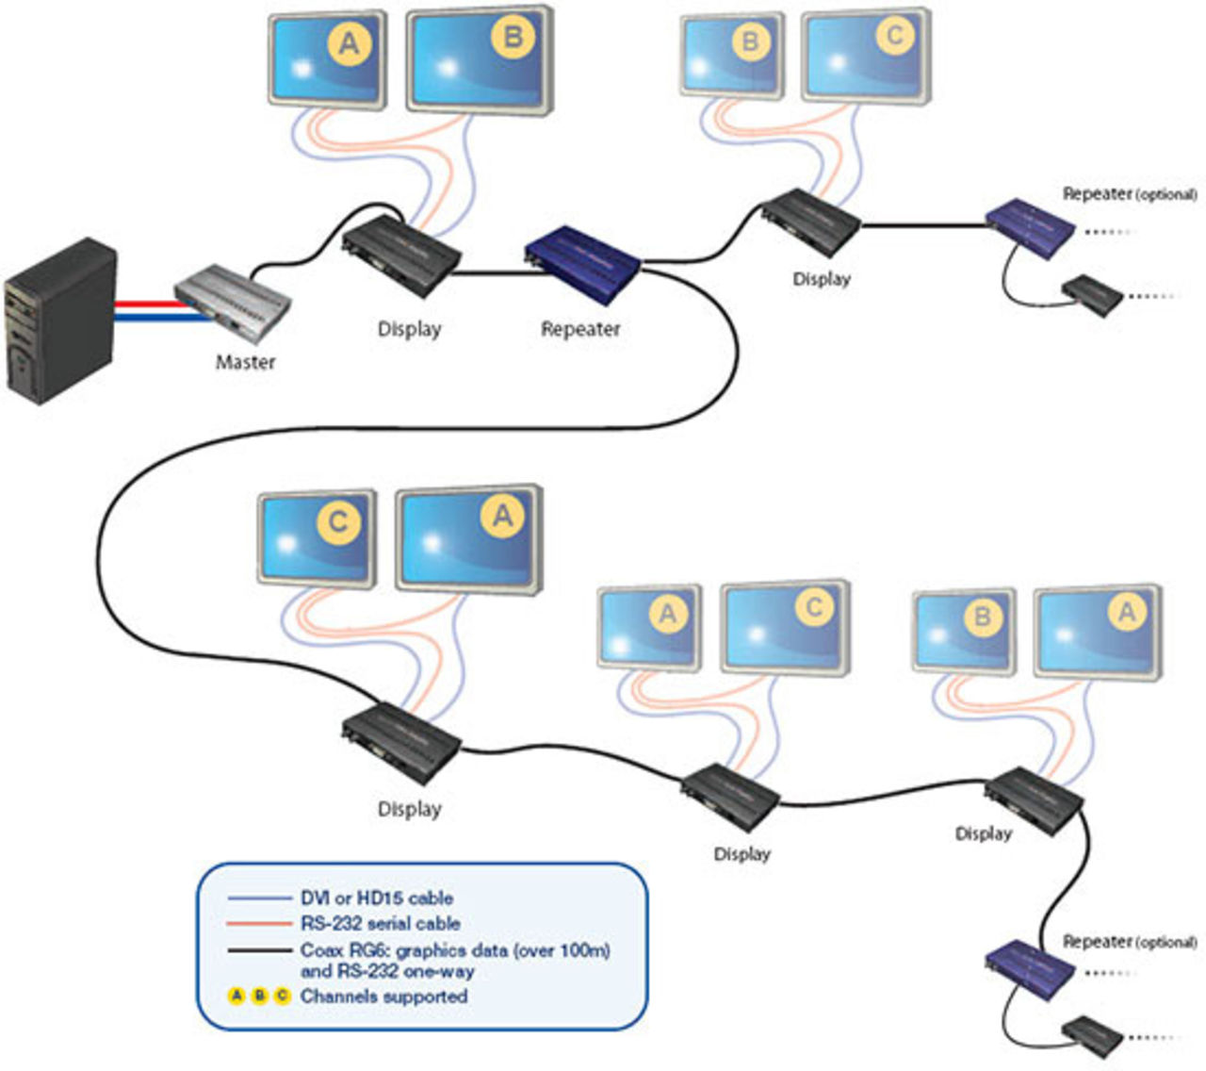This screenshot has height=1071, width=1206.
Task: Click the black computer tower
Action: click(x=61, y=321)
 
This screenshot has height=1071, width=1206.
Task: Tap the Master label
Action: click(x=245, y=362)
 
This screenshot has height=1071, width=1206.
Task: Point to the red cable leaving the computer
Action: click(x=146, y=304)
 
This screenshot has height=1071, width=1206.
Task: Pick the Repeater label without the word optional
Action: click(x=580, y=329)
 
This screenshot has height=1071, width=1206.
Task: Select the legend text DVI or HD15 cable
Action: click(x=377, y=898)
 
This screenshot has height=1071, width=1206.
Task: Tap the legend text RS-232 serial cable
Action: click(x=381, y=924)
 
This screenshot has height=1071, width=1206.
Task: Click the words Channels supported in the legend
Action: click(x=383, y=997)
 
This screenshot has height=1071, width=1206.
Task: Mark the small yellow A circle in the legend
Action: click(x=237, y=997)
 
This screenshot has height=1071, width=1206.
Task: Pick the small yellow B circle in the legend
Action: click(x=260, y=997)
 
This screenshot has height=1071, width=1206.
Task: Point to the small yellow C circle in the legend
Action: click(x=282, y=997)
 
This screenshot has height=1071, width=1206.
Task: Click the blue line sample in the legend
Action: click(x=259, y=898)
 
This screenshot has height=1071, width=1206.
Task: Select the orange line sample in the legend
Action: click(x=259, y=924)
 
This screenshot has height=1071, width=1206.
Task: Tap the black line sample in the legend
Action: click(x=259, y=950)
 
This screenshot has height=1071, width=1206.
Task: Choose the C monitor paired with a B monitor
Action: click(x=866, y=57)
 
